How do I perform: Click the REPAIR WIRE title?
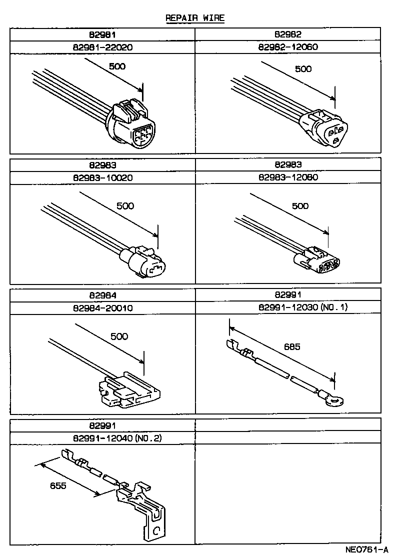tap(195, 18)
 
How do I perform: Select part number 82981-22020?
tap(102, 47)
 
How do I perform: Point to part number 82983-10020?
tap(102, 177)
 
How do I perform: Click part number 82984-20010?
tap(102, 308)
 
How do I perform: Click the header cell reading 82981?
tap(102, 34)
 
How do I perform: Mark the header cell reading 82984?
tap(102, 295)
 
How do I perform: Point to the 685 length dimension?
tap(291, 346)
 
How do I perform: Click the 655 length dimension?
tap(57, 485)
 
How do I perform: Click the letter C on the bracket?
tap(155, 530)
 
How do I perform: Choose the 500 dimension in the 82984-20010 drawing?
tap(119, 336)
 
